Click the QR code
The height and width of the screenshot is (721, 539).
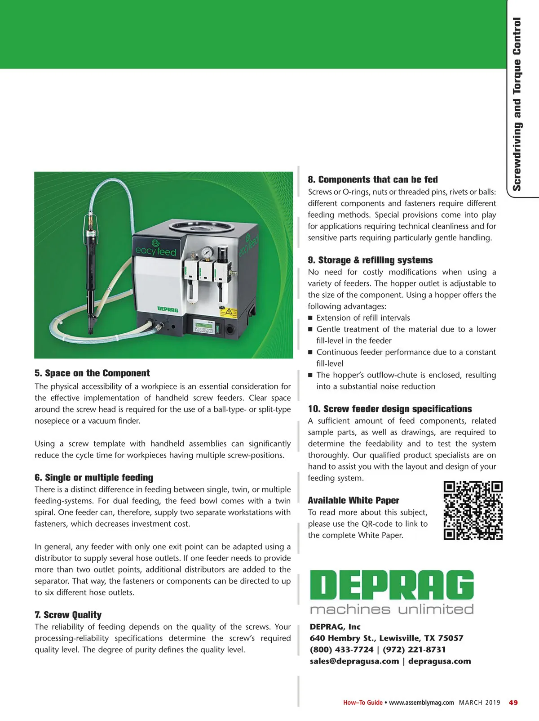click(x=473, y=510)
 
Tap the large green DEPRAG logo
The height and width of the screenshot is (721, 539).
click(x=392, y=585)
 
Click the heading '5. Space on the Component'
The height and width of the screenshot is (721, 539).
click(x=92, y=373)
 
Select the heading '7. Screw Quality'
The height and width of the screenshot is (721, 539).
click(x=68, y=615)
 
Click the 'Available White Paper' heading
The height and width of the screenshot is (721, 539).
click(x=353, y=501)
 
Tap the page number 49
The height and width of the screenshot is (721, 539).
click(x=513, y=703)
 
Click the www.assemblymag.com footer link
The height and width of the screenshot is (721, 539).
click(x=421, y=703)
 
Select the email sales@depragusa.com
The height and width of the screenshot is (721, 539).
click(x=354, y=661)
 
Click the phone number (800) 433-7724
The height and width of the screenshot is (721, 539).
click(x=341, y=649)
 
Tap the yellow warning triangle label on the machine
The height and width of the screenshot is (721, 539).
click(x=229, y=311)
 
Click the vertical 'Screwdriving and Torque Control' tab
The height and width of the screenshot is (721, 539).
click(x=517, y=103)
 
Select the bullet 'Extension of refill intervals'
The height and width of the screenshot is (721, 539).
click(x=363, y=318)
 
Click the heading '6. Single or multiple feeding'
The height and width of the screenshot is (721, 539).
click(x=94, y=478)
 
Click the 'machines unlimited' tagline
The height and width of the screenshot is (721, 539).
click(x=392, y=609)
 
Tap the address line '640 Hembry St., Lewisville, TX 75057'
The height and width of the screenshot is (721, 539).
click(x=386, y=638)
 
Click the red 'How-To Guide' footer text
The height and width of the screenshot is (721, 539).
click(x=362, y=703)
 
